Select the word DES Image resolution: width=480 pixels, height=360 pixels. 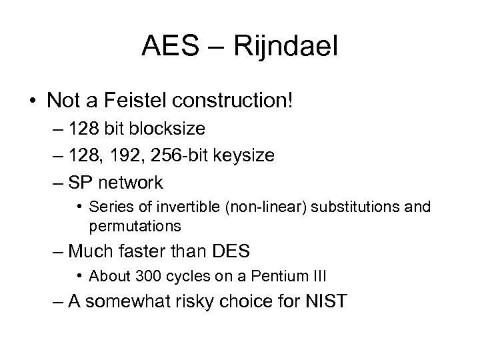(x=231, y=251)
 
